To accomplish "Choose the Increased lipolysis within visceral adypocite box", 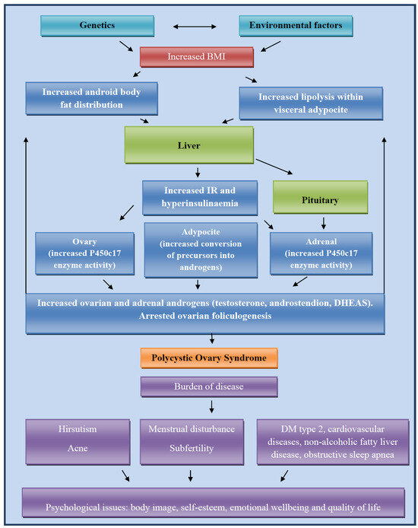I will click(309, 103).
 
